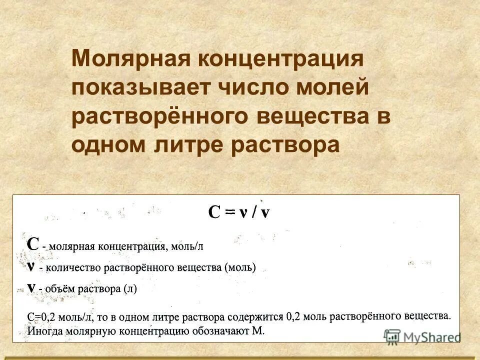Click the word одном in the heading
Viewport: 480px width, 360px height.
[x=105, y=144]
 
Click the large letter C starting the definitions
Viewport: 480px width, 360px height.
[x=32, y=244]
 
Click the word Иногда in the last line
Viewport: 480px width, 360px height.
[x=45, y=330]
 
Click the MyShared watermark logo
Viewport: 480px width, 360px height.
[x=422, y=336]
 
